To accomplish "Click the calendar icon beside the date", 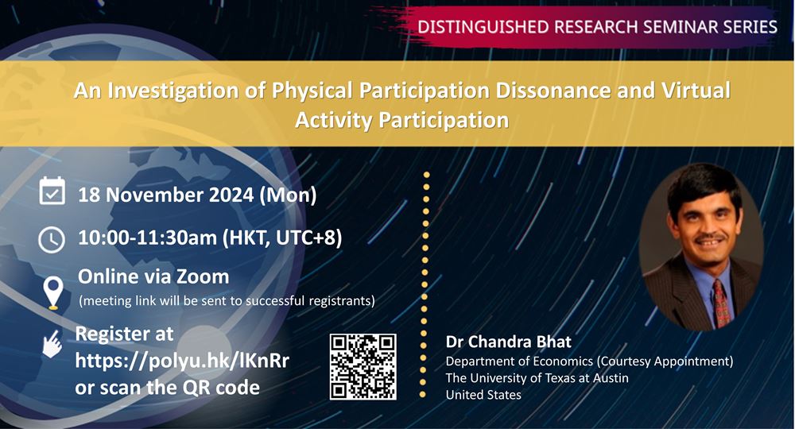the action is coord(52,191).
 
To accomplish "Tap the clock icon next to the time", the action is coord(52,240).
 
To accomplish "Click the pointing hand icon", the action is coord(52,344).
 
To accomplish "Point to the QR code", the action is coord(363,367).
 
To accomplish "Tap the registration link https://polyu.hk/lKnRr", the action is coord(182,361).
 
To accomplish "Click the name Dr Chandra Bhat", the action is coord(509,342).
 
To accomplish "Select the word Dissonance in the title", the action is coord(553,90).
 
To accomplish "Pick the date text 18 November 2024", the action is coord(166,195).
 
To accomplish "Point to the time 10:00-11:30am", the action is coord(148,238).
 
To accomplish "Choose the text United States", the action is coord(483,395).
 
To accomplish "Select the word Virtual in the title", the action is coord(696,90).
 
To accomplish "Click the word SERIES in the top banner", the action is coord(750,26).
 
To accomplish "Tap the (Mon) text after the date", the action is coord(288,195).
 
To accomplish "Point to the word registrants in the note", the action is coord(342,301).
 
